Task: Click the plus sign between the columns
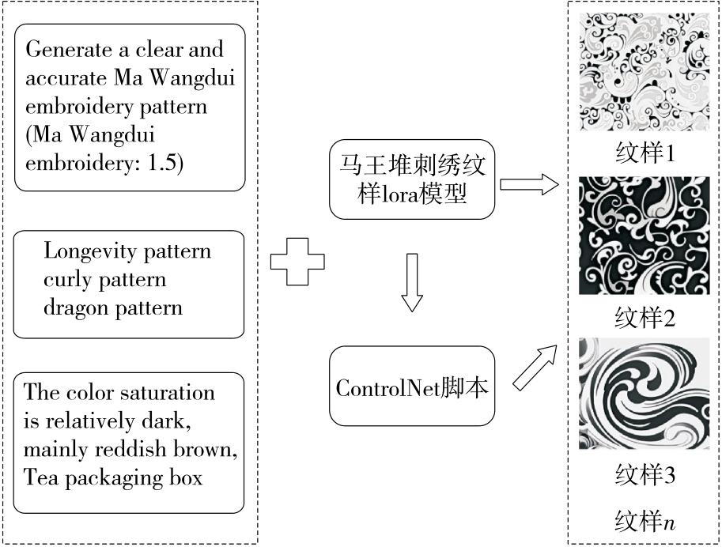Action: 297,258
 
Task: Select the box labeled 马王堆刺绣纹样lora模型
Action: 412,180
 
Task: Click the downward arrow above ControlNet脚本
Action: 412,282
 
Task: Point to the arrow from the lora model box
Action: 529,185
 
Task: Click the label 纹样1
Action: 645,152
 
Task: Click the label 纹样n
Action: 645,521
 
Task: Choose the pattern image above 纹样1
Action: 645,72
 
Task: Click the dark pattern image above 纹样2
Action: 645,236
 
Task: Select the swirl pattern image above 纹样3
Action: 645,393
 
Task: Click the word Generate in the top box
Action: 64,50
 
